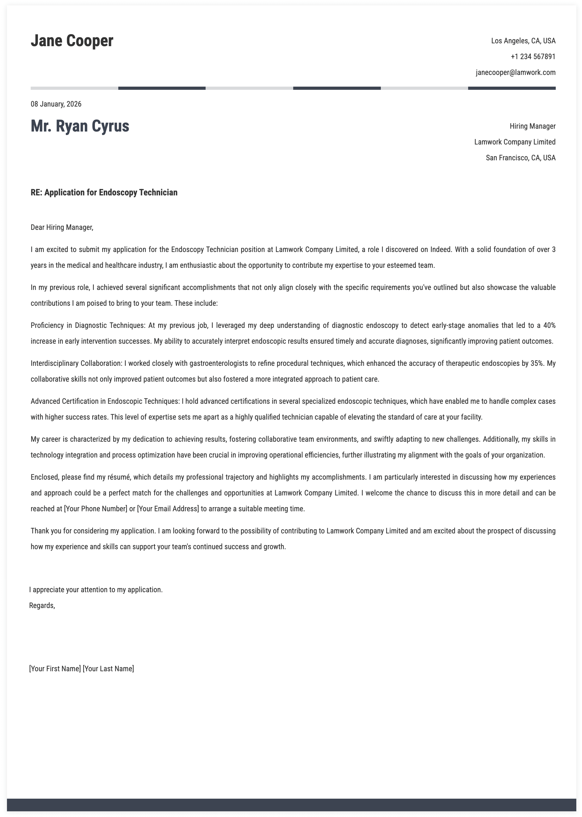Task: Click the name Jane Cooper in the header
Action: (72, 41)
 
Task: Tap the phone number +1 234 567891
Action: (533, 57)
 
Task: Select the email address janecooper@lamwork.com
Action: (515, 72)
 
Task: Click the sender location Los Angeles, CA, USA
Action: (523, 41)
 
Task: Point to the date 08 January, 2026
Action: (56, 104)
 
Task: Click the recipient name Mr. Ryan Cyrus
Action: (80, 126)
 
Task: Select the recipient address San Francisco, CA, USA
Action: (520, 157)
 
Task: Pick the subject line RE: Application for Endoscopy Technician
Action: (104, 192)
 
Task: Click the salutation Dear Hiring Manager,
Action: (62, 227)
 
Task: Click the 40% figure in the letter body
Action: (549, 325)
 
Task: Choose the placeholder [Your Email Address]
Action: (168, 509)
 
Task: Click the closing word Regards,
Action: (42, 605)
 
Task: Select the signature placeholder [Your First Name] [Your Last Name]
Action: (81, 668)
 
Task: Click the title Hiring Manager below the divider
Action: (533, 126)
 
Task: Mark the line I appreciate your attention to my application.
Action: (96, 590)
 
